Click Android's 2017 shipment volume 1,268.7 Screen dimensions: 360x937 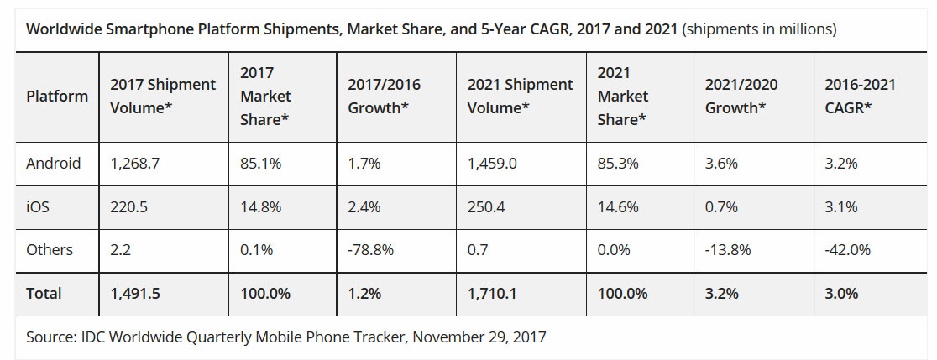(134, 163)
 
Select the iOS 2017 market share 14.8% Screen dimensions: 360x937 (260, 206)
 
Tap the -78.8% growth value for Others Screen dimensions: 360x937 (369, 250)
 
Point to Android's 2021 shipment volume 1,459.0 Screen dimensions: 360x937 (494, 163)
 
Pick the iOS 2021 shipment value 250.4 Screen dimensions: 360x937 (486, 206)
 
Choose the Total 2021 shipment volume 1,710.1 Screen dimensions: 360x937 (494, 294)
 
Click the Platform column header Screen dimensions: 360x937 (57, 96)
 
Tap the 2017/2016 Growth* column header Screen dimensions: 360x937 (384, 96)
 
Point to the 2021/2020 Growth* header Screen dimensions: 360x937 (741, 96)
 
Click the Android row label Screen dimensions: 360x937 (54, 163)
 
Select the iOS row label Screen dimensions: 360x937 (38, 206)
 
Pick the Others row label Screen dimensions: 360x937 (50, 250)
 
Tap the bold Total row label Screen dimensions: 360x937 (44, 294)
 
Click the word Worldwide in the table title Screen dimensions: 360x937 (64, 29)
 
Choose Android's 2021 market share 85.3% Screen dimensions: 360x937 (617, 163)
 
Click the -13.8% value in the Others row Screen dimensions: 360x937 (728, 250)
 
